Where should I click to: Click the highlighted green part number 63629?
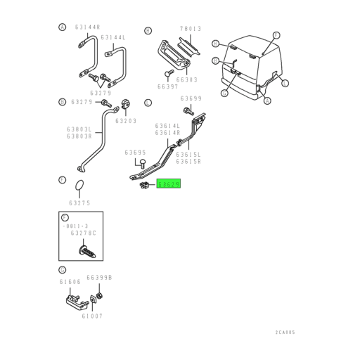169,184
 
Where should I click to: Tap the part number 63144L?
112,37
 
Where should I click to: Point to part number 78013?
190,29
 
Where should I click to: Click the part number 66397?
168,86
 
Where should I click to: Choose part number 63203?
127,121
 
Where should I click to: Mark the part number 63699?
191,98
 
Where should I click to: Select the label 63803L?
79,129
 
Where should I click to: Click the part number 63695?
136,152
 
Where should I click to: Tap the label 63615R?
188,161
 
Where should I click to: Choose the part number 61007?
91,317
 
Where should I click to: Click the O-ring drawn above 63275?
82,186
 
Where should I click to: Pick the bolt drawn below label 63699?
188,110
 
